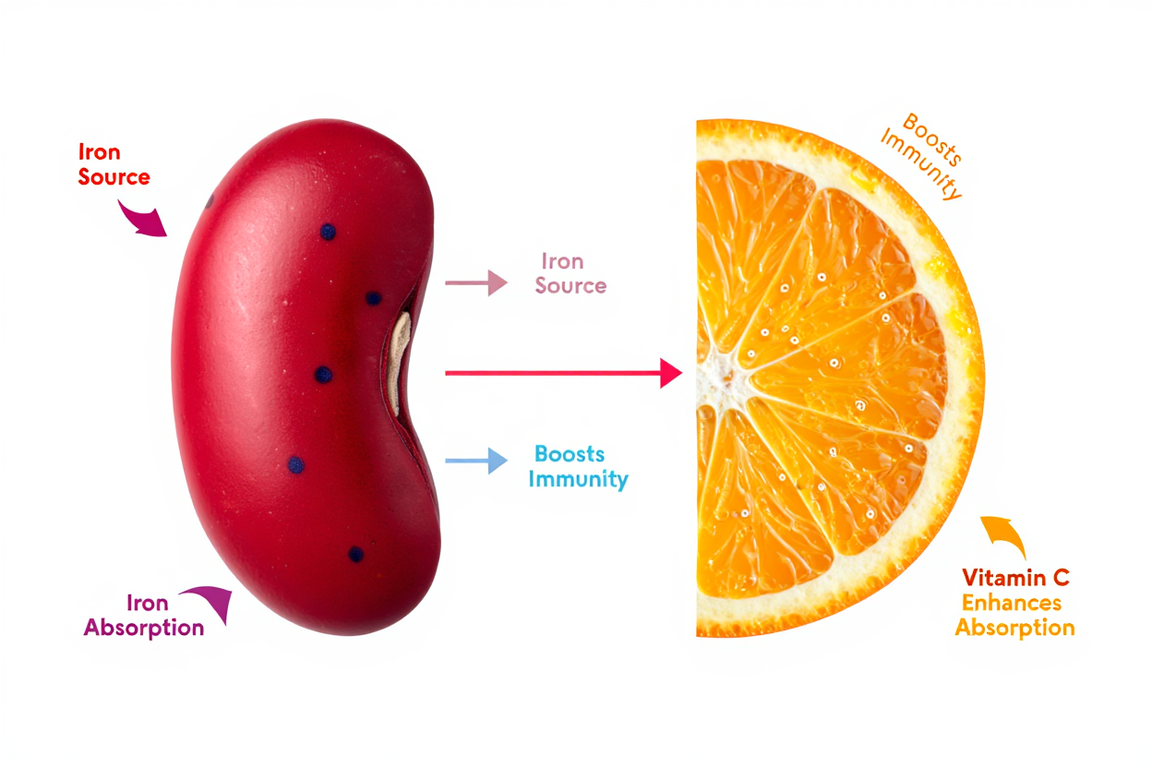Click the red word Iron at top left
coord(99,152)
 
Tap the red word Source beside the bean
coord(114,176)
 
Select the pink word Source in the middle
coord(570,285)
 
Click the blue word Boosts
coord(570,455)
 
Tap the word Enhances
coord(1012,604)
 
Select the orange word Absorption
coord(1014,629)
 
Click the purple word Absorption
coord(144,628)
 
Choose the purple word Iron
coord(148,604)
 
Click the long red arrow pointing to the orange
coord(562,373)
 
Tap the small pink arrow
coord(476,283)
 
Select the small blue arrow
coord(476,460)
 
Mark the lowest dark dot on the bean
coord(355,554)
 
